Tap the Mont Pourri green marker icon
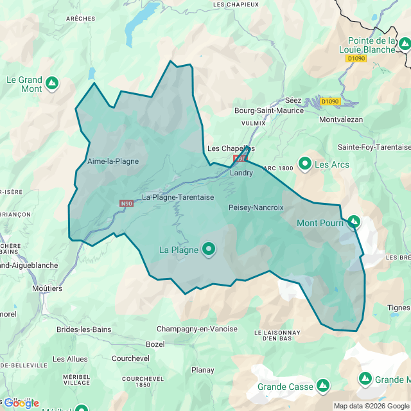coord(354,222)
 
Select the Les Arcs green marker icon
coord(304,164)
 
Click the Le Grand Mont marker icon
coord(51,83)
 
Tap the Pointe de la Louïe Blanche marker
coord(404,44)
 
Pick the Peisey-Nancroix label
coord(256,207)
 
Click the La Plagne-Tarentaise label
coord(178,197)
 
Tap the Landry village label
coord(241,173)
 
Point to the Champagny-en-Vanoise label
coord(197,329)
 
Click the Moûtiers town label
coord(48,288)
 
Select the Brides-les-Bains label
coord(83,329)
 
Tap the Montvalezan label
coord(340,119)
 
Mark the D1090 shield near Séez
coord(329,101)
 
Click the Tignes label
coord(399,307)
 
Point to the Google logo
coord(21,403)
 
